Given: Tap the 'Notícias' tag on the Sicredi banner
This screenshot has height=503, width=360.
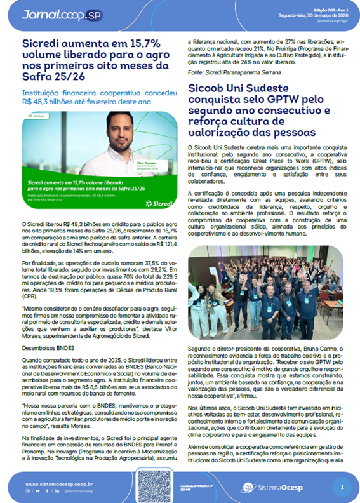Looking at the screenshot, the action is point(37,116).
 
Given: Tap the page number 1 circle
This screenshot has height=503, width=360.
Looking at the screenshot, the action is point(342,487).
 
